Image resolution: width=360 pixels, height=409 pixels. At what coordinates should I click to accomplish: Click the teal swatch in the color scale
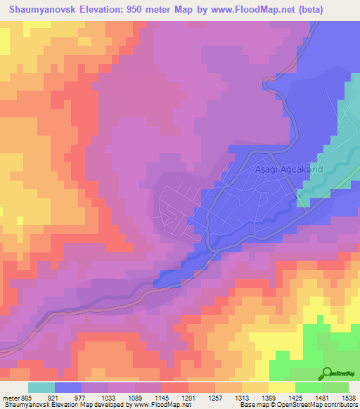click(x=41, y=387)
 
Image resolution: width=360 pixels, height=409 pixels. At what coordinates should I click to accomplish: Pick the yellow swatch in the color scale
click(x=281, y=387)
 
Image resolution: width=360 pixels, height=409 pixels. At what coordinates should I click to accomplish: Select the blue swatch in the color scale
click(x=67, y=387)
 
